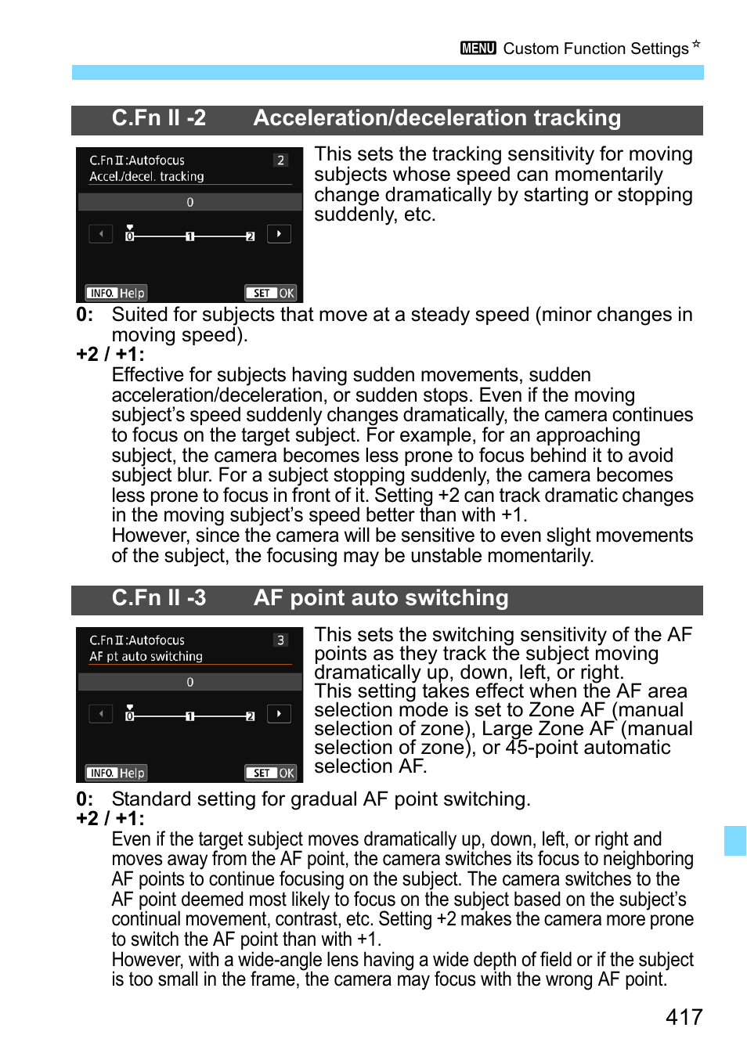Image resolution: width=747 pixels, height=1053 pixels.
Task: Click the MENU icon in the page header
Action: (x=478, y=49)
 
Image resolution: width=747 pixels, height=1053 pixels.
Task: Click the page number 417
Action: (x=684, y=1016)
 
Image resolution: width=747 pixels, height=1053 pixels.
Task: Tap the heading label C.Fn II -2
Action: (x=159, y=118)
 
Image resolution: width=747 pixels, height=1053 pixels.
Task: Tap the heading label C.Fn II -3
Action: (x=159, y=598)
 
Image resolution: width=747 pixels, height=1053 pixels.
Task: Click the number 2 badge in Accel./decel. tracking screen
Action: (x=280, y=160)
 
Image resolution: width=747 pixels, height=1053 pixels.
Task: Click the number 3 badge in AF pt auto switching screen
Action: (x=280, y=640)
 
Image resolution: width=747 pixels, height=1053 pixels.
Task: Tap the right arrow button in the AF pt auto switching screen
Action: (x=279, y=713)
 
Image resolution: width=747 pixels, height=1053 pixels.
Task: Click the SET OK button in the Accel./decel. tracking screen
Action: (x=271, y=293)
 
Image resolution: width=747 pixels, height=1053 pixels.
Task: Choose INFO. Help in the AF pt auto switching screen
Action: (x=117, y=773)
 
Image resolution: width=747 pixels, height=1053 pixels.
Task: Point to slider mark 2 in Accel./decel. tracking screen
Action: (x=250, y=236)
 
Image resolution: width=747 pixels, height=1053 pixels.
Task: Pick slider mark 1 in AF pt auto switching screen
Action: (x=189, y=716)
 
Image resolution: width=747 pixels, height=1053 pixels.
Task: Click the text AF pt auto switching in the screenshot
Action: (x=146, y=657)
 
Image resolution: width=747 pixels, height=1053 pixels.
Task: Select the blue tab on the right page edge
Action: (x=734, y=840)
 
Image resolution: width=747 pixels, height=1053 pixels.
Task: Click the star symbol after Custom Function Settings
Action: (x=696, y=44)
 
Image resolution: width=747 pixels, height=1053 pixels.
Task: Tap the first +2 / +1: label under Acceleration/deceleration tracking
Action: (x=110, y=355)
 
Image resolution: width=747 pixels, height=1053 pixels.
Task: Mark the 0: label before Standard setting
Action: (x=85, y=799)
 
